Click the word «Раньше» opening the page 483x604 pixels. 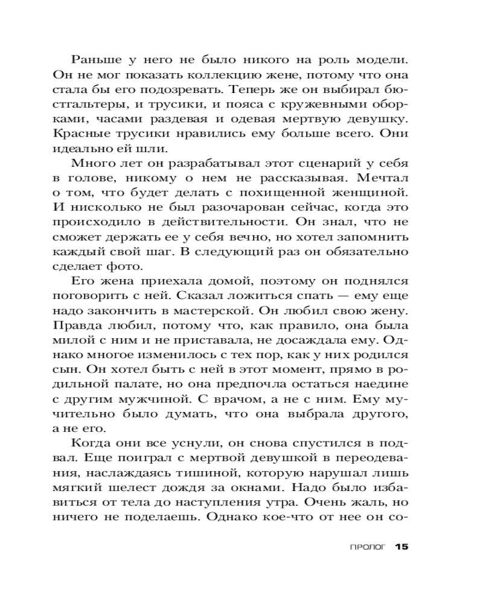pos(95,60)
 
